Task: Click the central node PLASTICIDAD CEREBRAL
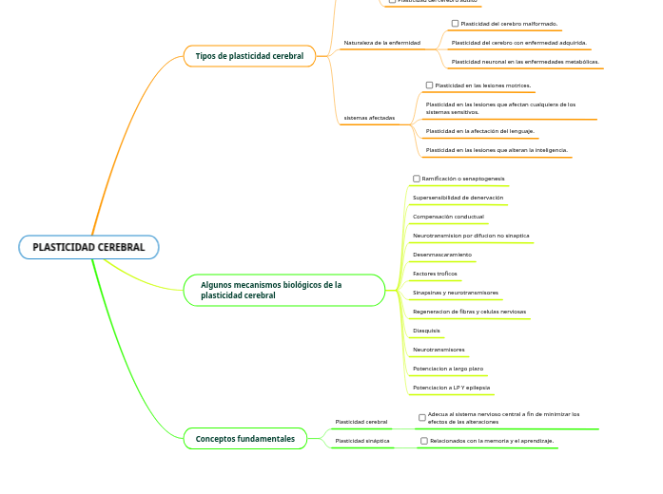coord(88,247)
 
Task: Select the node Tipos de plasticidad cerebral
coord(249,56)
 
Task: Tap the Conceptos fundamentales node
coord(245,439)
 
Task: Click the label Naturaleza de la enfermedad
coord(381,43)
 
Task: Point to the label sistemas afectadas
coord(369,118)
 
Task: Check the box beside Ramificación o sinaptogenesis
coord(417,179)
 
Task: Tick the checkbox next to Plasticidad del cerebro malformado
coord(455,23)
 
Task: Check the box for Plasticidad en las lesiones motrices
coord(429,85)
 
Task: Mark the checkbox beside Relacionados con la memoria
coord(424,441)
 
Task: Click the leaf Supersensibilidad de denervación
coord(458,198)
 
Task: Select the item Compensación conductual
coord(448,217)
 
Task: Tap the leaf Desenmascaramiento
coord(442,255)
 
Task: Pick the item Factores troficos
coord(435,274)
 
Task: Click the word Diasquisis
coord(426,331)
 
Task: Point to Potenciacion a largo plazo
coord(448,369)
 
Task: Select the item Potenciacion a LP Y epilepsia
coord(452,388)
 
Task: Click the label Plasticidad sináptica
coord(362,441)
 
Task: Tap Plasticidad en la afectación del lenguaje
coord(480,131)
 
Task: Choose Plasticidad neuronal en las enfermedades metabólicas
coord(525,62)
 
